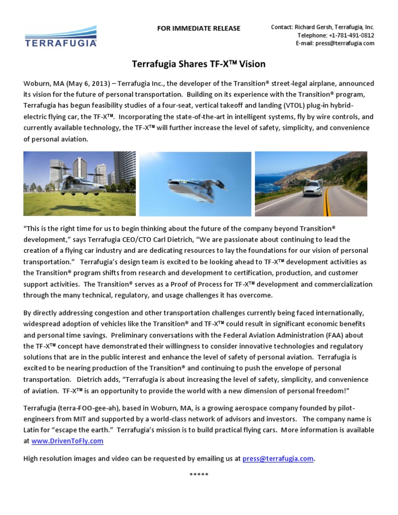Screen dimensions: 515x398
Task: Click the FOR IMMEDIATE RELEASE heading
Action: coord(199,28)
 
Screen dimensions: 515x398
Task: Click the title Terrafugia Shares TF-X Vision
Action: coord(199,64)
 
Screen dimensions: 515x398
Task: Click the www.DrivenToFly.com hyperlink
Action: coord(67,441)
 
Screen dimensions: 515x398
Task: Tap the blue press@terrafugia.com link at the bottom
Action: coord(278,459)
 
